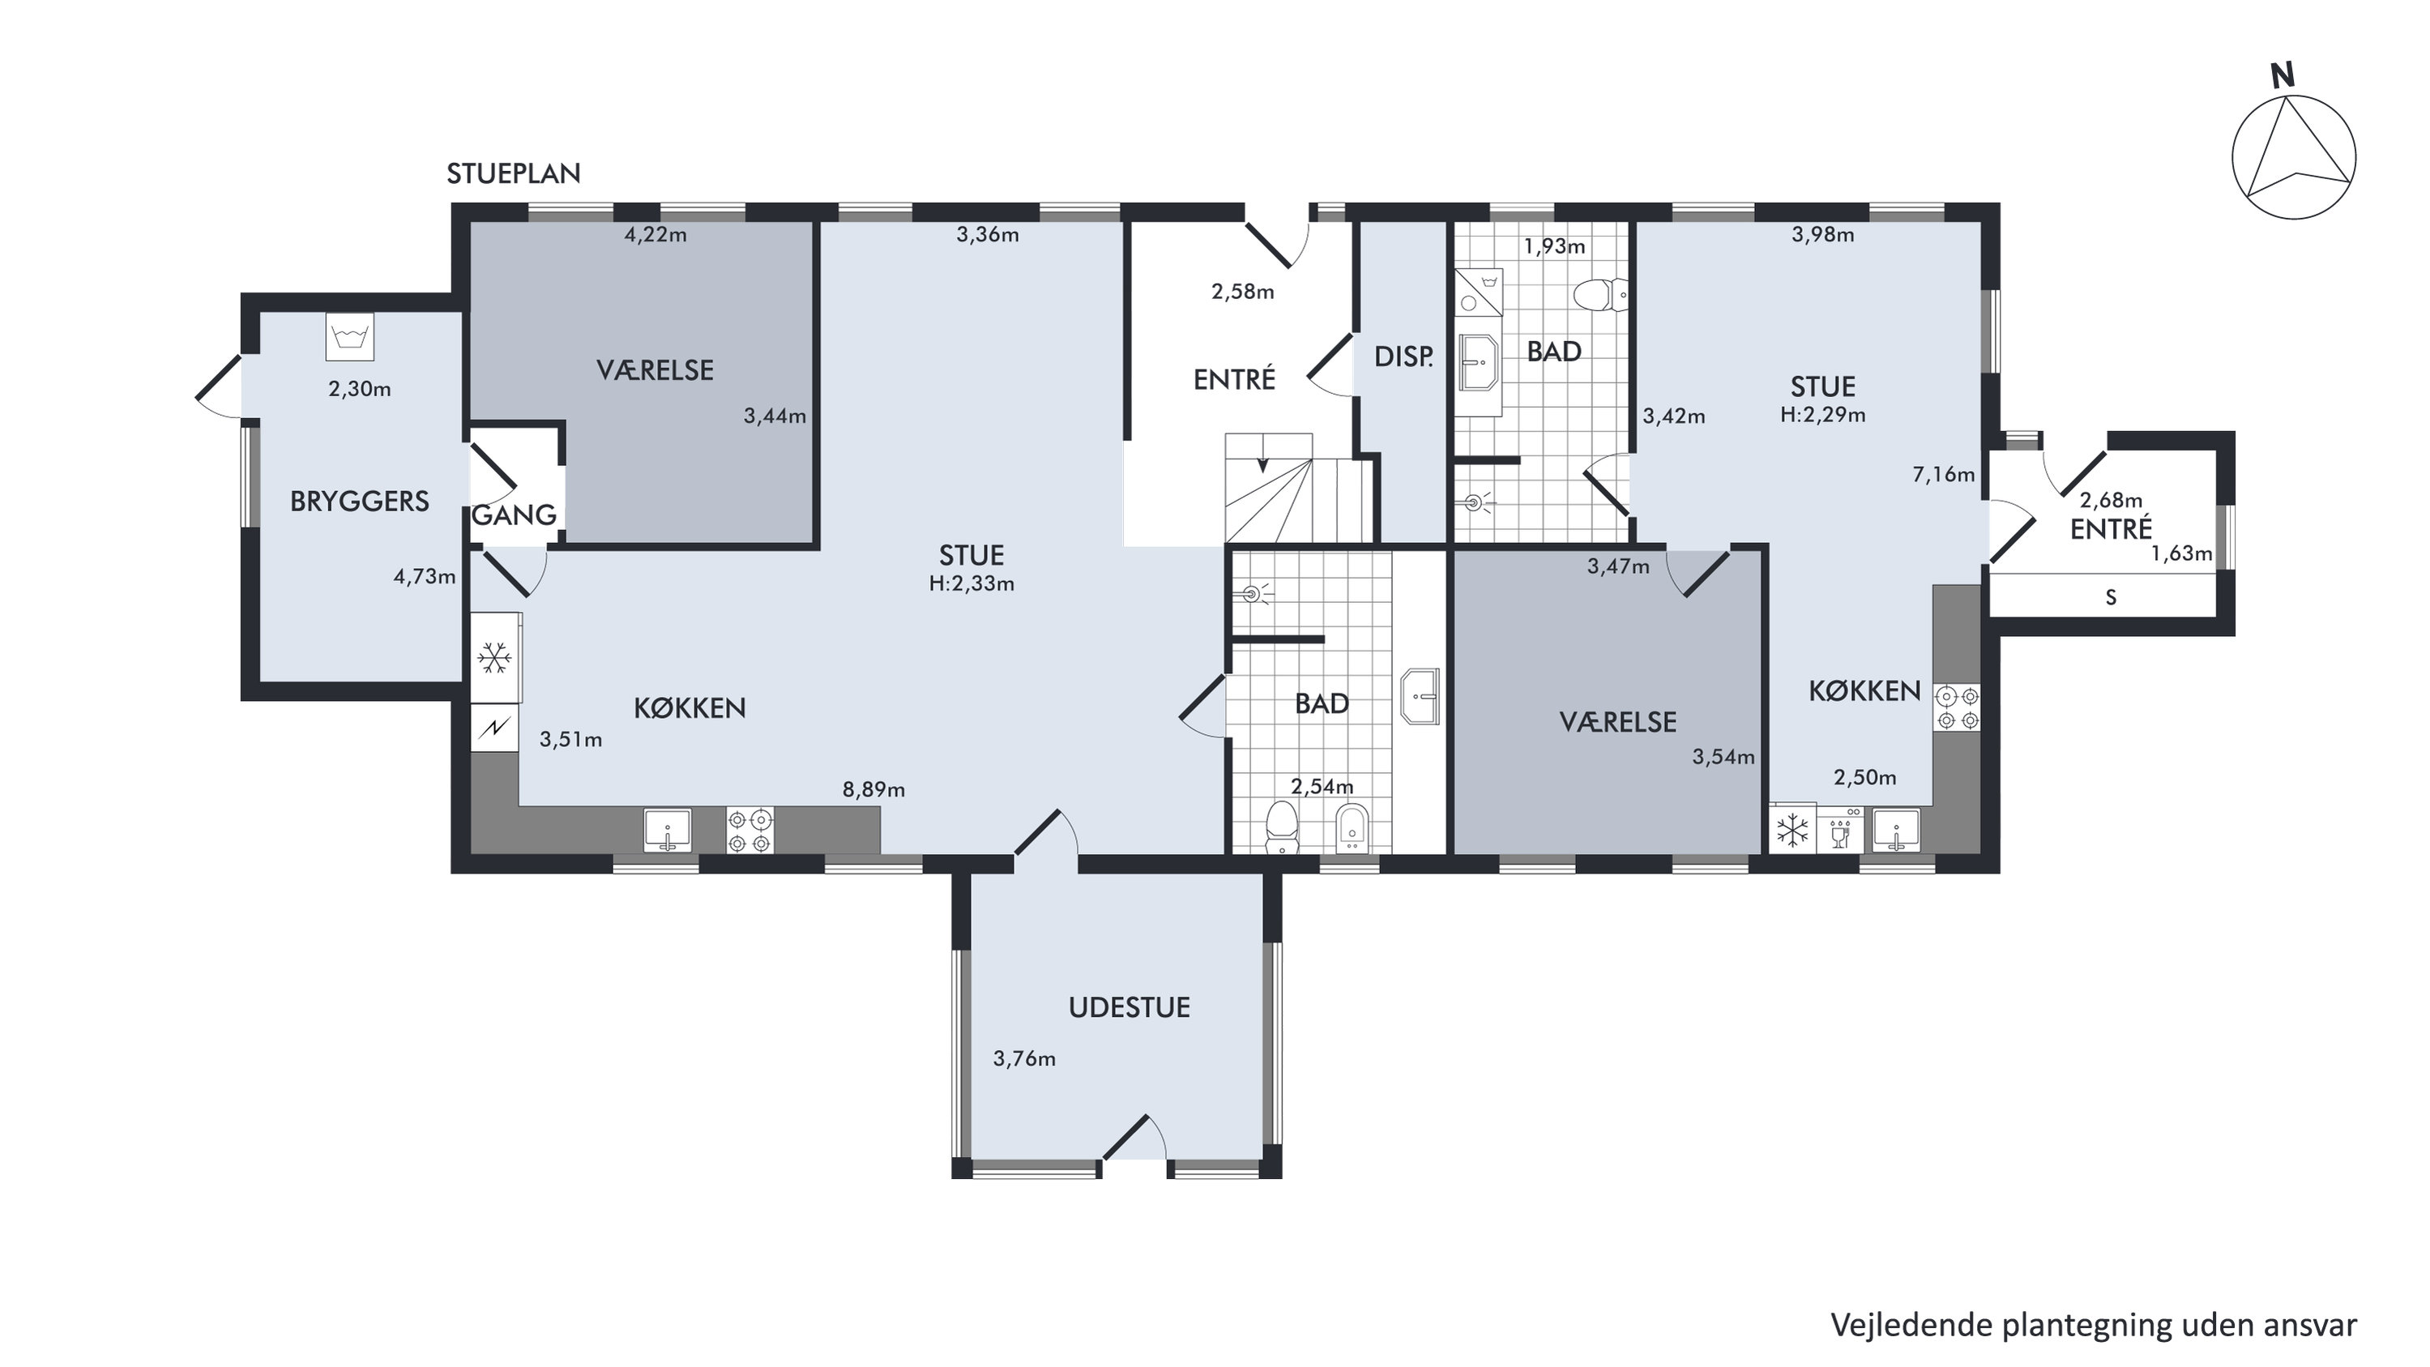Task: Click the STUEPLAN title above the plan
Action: (x=513, y=173)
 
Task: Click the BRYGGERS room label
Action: (x=360, y=501)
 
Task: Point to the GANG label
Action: (x=514, y=515)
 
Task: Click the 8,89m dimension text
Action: (x=873, y=789)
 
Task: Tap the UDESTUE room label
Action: (x=1130, y=1007)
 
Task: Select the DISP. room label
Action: (x=1403, y=357)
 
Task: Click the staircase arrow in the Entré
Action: (x=1263, y=465)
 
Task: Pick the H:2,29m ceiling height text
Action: (x=1822, y=415)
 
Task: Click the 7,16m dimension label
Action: (x=1943, y=475)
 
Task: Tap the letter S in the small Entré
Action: (x=2111, y=597)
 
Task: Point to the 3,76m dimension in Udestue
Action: (x=1023, y=1059)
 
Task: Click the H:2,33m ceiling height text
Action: (x=972, y=584)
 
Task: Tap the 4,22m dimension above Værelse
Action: (x=656, y=235)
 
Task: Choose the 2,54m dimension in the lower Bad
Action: (x=1322, y=787)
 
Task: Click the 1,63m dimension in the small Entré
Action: (x=2181, y=553)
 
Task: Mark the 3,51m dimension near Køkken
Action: (x=570, y=740)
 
